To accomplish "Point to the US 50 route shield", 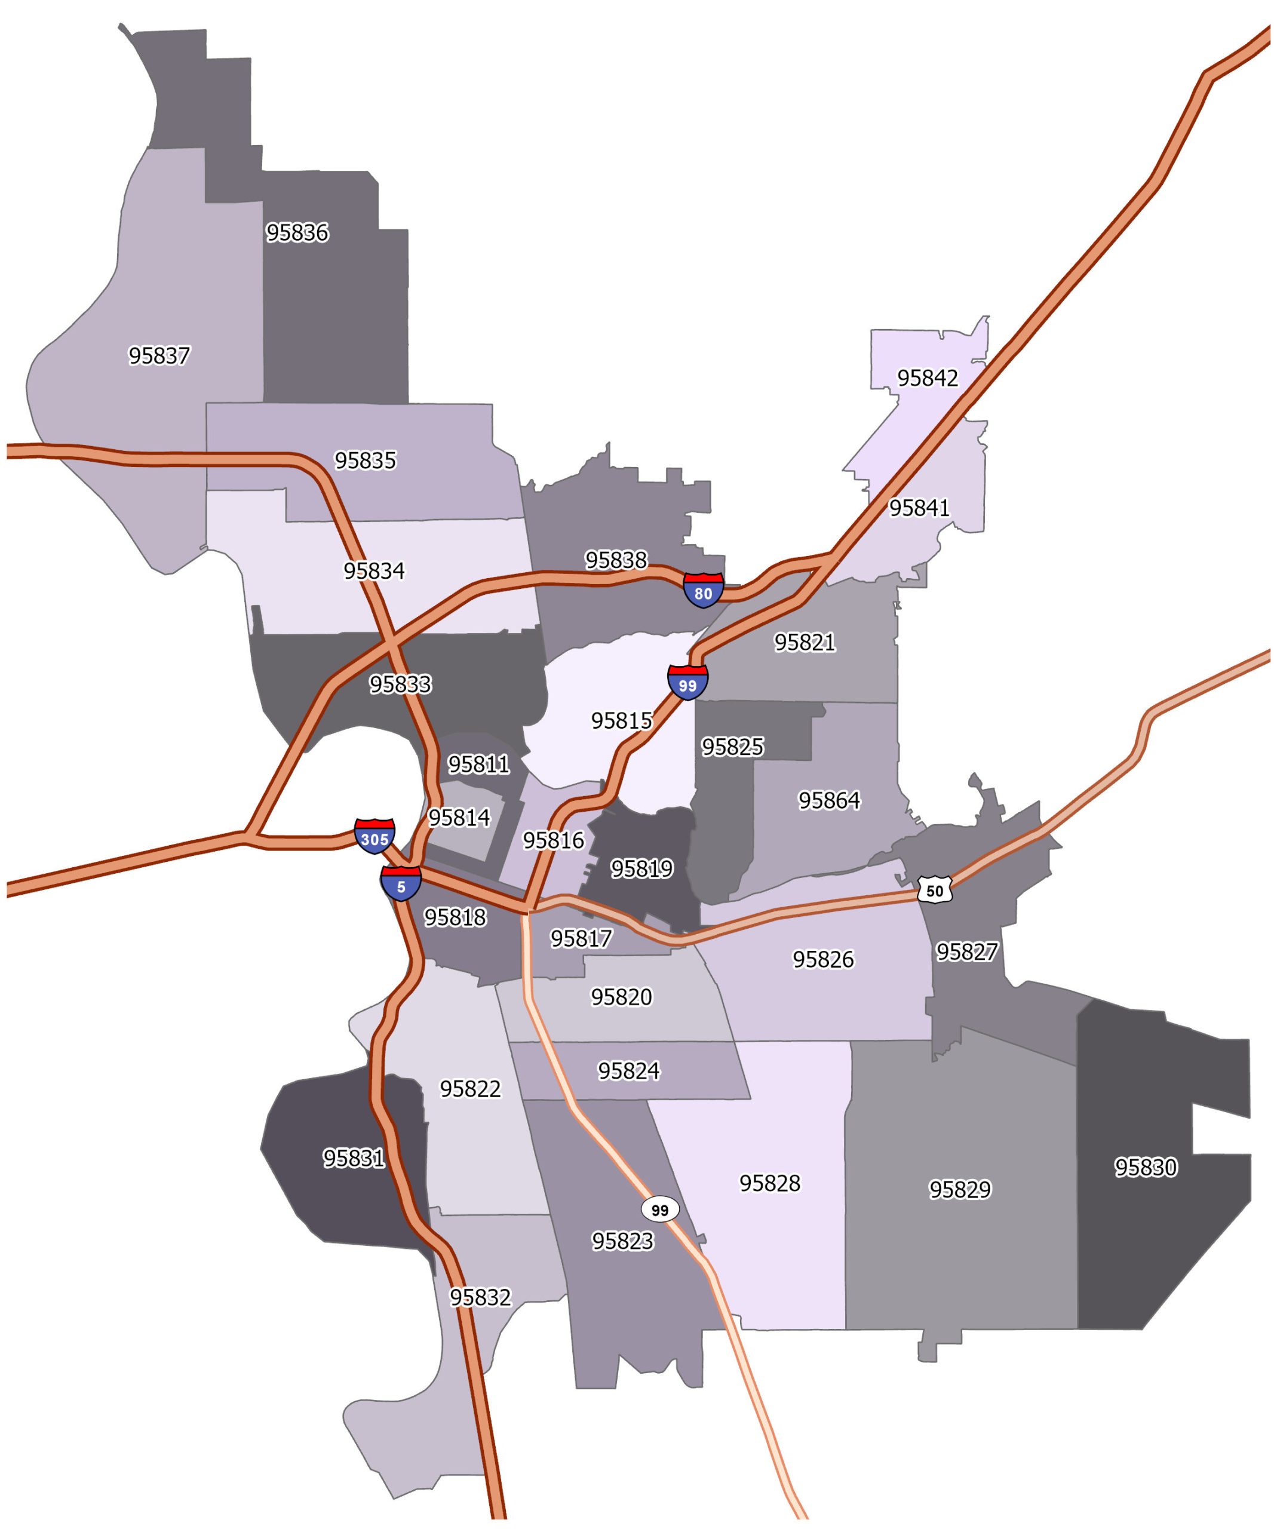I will click(935, 890).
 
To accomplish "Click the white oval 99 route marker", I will click(659, 1209).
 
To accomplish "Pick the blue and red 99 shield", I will click(687, 683).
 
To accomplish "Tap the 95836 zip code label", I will click(297, 232).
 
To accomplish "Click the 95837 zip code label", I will click(159, 355).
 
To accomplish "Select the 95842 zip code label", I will click(928, 378).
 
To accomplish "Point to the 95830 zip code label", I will click(1146, 1167).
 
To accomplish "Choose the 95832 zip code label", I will click(480, 1297).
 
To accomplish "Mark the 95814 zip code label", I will click(459, 818).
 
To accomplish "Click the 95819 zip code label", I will click(641, 868).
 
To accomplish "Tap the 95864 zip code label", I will click(829, 800).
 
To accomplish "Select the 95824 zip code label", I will click(629, 1070).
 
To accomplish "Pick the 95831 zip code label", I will click(354, 1158).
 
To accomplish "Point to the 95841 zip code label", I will click(919, 508).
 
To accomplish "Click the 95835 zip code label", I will click(366, 460).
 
